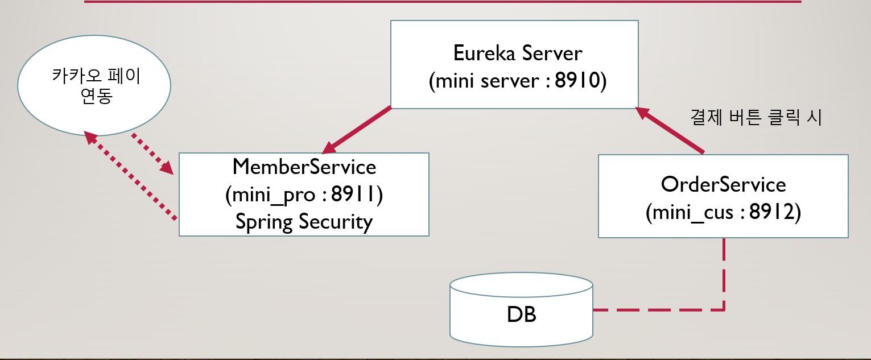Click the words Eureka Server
(518, 53)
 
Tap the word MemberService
(304, 167)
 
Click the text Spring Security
(304, 221)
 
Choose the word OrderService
(723, 184)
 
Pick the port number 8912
(771, 212)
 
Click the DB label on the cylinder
(521, 315)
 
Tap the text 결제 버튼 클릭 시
(756, 118)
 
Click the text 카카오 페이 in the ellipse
(96, 76)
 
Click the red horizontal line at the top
(443, 2)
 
